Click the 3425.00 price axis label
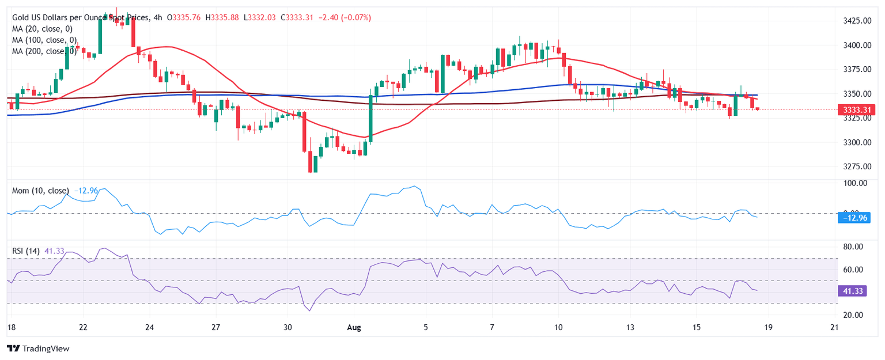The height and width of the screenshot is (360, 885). tap(856, 21)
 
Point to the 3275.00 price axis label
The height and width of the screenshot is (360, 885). tap(856, 166)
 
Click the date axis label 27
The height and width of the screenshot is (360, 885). tap(215, 328)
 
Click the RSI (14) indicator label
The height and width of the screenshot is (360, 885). tap(26, 251)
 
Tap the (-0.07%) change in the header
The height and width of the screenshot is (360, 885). tap(355, 18)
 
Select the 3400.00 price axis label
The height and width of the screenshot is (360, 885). tap(856, 45)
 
